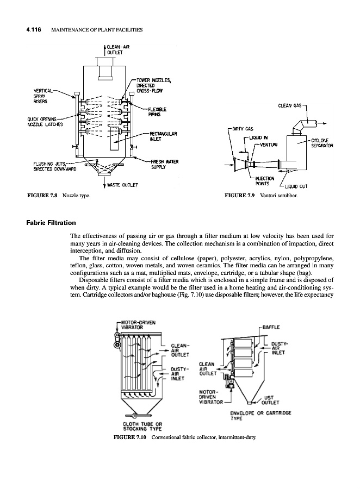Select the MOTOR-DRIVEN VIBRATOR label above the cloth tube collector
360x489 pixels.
coord(137,324)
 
